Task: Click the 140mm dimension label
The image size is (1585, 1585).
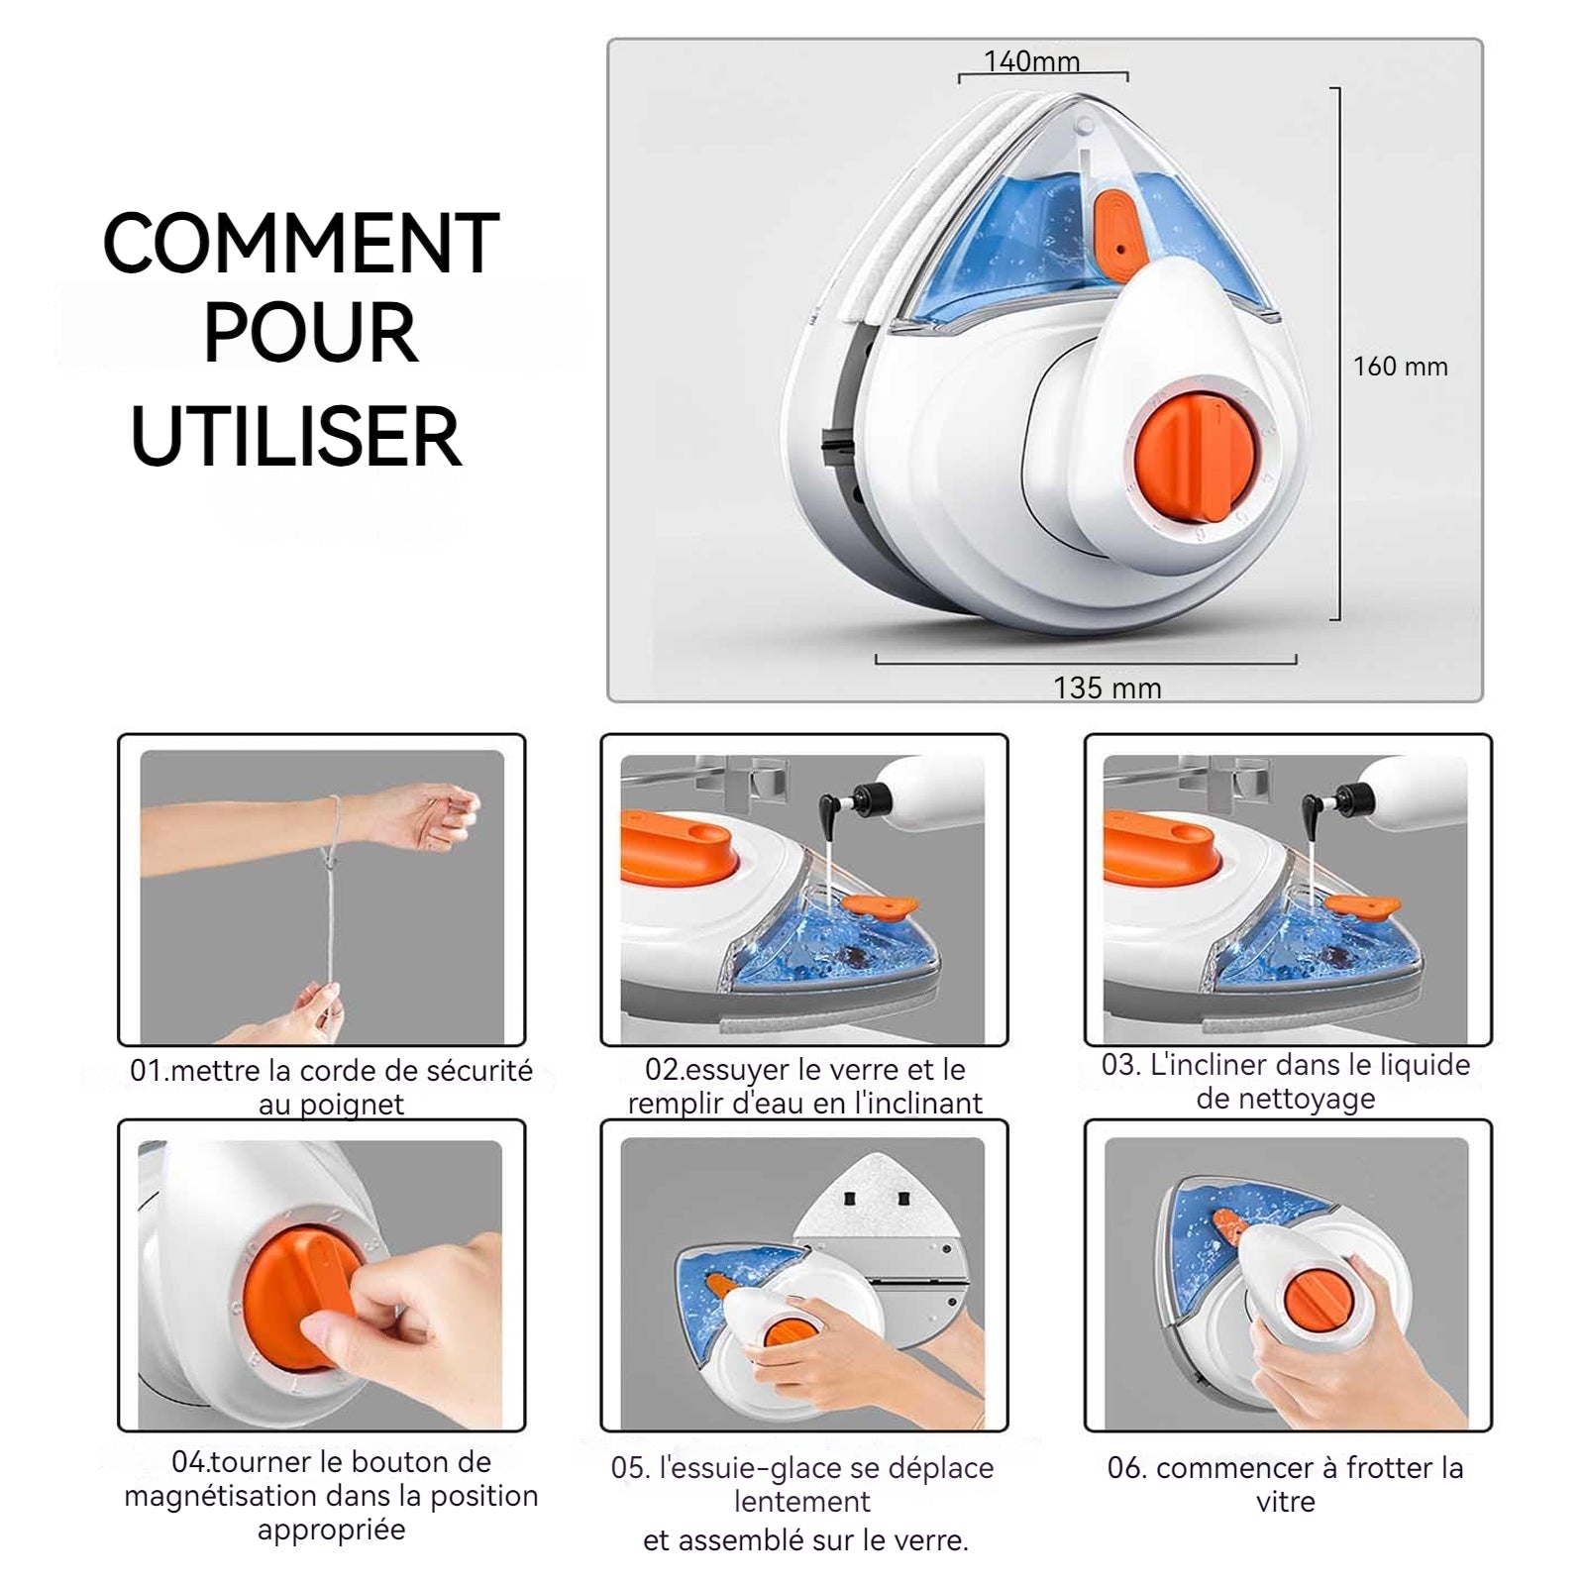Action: click(x=1031, y=60)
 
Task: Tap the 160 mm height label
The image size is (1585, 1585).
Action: click(x=1401, y=367)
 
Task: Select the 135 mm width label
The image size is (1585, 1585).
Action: click(x=1108, y=687)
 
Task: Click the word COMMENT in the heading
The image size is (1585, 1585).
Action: click(x=301, y=243)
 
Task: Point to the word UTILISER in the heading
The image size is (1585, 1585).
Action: click(x=296, y=436)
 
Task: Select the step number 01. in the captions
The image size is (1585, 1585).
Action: click(x=150, y=1071)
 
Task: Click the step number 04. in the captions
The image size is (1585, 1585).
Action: click(x=191, y=1462)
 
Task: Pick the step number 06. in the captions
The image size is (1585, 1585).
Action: click(x=1127, y=1468)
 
